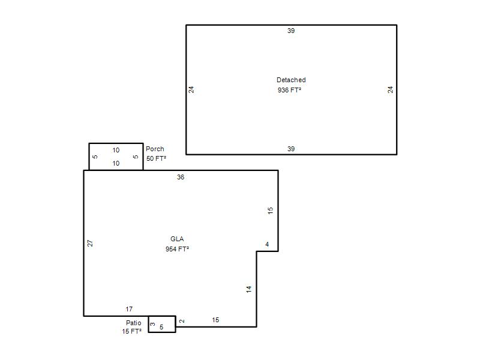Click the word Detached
[291, 80]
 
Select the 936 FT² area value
[289, 90]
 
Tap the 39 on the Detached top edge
[291, 31]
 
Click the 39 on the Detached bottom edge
[291, 149]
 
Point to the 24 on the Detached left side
[191, 89]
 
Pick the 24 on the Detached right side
[390, 89]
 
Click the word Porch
[155, 149]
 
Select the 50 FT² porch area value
[156, 158]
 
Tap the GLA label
[177, 239]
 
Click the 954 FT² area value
[177, 249]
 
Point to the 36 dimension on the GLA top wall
[181, 177]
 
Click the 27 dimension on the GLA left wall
[90, 244]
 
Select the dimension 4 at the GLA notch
[267, 244]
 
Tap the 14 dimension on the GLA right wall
[249, 289]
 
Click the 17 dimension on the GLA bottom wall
[129, 309]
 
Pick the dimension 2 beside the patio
[182, 321]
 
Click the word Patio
[133, 323]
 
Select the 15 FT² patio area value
[131, 331]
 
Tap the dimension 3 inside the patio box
[153, 324]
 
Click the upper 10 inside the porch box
[116, 150]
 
